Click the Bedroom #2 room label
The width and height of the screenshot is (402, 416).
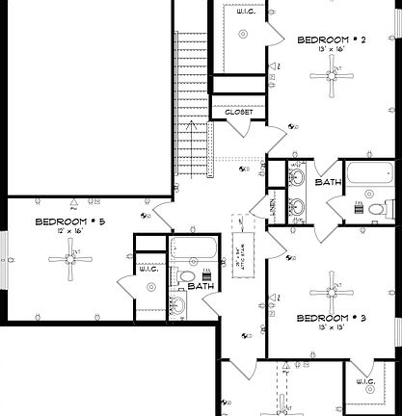click(x=331, y=39)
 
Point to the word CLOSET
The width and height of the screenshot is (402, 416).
click(x=238, y=113)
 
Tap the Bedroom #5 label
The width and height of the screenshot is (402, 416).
click(x=70, y=221)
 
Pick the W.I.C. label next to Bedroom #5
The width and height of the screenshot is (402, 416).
click(x=148, y=269)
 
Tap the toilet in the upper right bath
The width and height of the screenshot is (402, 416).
click(x=385, y=207)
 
